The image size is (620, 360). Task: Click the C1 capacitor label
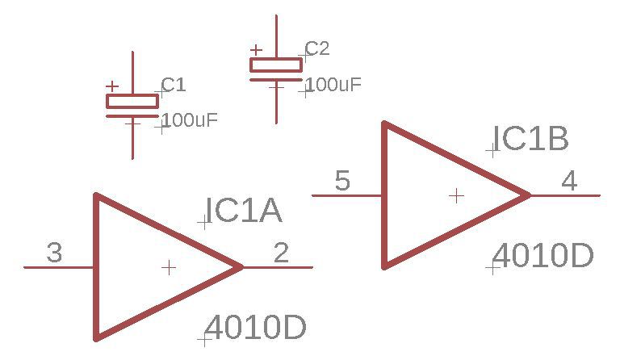coord(174,85)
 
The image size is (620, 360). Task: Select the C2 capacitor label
coord(317,48)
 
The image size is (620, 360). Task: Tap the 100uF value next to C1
coord(191,121)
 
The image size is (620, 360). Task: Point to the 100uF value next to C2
coord(333,85)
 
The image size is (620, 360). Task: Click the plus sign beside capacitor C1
coord(112,86)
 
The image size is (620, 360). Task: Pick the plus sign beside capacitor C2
coord(256,50)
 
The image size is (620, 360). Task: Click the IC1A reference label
coord(243,211)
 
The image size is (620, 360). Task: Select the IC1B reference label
coord(531,140)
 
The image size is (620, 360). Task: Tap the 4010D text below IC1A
coord(256,329)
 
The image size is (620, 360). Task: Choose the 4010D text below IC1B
coord(542,257)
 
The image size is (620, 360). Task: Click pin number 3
coord(54,254)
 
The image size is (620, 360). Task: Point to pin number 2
coord(281,253)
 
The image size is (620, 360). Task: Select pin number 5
coord(342,182)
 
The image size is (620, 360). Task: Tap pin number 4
coord(569,181)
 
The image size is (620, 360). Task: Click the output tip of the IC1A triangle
coord(241,266)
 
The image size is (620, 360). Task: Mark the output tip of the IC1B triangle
coord(528,195)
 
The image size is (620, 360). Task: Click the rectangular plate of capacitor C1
coord(132,101)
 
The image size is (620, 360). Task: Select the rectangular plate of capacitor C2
coord(276,65)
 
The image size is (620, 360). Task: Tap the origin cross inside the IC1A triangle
coord(169,267)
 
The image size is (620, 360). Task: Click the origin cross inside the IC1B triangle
coord(457,195)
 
